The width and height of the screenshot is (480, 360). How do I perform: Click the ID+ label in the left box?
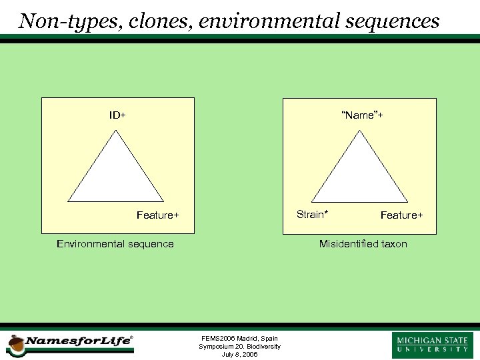(x=118, y=115)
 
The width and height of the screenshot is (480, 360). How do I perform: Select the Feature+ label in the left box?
(x=158, y=215)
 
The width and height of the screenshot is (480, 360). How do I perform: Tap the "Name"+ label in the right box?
(x=362, y=115)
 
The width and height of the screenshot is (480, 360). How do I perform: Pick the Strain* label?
(x=312, y=214)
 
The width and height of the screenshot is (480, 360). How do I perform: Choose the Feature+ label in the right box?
(x=401, y=215)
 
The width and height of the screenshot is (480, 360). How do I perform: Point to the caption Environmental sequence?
(x=115, y=244)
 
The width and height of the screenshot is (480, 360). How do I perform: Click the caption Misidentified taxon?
(x=363, y=244)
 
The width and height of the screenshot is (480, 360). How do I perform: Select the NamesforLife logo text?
(x=78, y=341)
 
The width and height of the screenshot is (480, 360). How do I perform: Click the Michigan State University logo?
(x=433, y=345)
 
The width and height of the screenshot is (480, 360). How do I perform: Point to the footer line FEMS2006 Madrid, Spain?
(x=239, y=339)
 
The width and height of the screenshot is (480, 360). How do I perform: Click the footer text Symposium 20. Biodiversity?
(x=239, y=347)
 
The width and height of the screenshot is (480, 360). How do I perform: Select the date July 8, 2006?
(x=239, y=355)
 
